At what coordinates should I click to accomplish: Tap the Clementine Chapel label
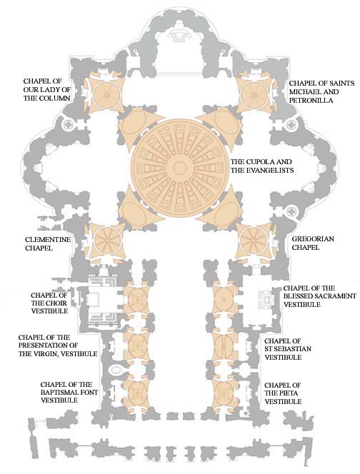(48, 243)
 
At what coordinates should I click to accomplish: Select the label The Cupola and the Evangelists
(262, 166)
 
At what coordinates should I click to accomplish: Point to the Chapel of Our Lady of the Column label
(47, 89)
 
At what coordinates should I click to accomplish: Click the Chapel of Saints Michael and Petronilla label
(321, 91)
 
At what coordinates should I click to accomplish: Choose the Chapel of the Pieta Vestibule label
(283, 393)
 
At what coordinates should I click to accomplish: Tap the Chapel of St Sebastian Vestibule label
(288, 349)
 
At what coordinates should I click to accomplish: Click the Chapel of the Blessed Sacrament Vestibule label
(320, 296)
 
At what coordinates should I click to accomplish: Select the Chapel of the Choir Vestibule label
(49, 303)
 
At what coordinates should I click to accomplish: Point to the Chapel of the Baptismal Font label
(69, 393)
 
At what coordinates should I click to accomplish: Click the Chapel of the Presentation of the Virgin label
(58, 346)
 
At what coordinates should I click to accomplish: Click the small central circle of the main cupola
(180, 168)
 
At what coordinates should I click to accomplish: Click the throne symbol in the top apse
(180, 35)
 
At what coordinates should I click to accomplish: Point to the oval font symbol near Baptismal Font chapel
(115, 369)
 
